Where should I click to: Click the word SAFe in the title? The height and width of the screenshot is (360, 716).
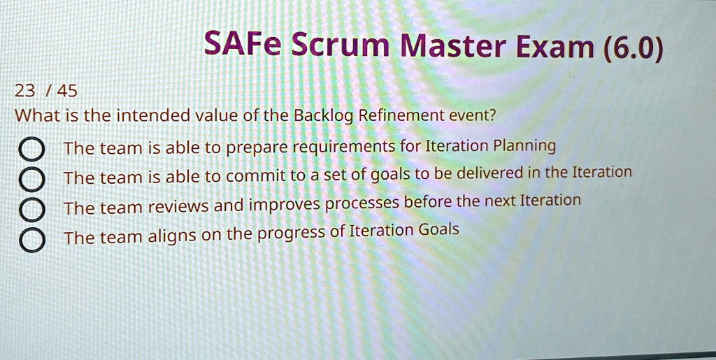tap(242, 43)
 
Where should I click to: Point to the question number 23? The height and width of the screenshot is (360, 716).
tap(24, 92)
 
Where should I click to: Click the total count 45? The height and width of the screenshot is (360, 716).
tap(67, 92)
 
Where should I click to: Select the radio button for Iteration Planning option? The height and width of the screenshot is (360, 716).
tap(31, 149)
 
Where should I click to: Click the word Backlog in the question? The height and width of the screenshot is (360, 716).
tap(324, 117)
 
